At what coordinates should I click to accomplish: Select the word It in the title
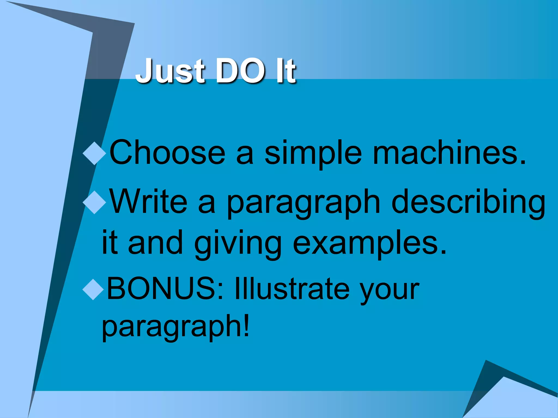tap(286, 71)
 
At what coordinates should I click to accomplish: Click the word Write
tap(149, 202)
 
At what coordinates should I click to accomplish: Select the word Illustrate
tap(292, 288)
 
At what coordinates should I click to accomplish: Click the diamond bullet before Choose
tap(94, 153)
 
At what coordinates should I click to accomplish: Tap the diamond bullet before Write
tap(94, 202)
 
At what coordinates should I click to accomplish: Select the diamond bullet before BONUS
tap(93, 289)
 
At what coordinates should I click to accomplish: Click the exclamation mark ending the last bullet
tap(246, 324)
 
